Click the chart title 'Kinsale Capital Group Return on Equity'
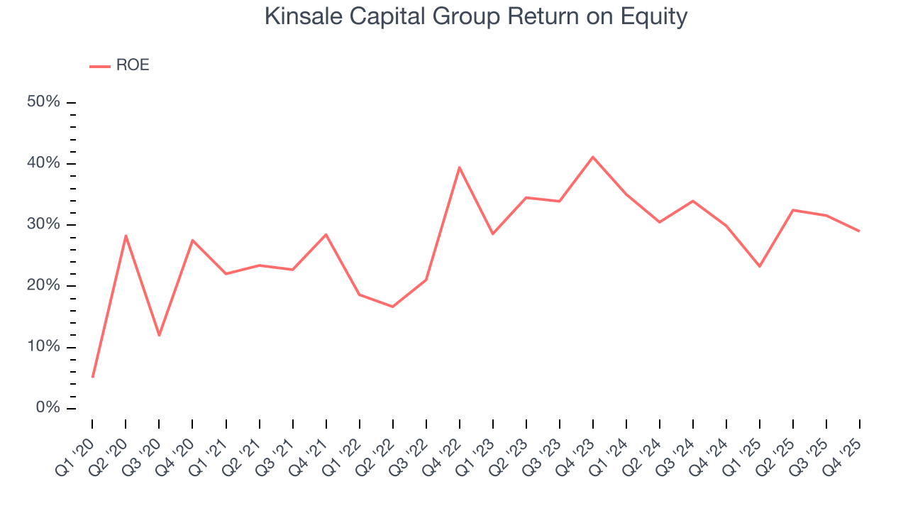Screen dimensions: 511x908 coord(475,16)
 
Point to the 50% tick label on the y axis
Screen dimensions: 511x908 coord(43,102)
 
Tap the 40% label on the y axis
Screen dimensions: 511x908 coord(43,163)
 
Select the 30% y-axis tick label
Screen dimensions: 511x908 coord(43,224)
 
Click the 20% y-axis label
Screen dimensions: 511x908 coord(43,285)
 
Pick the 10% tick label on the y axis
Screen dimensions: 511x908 coord(43,346)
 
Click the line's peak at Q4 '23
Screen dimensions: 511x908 coord(593,157)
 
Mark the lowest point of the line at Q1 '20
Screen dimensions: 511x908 coord(92,377)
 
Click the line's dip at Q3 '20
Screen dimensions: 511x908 coord(159,335)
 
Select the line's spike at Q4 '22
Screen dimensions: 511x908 coord(460,167)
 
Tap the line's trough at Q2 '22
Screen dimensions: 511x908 coord(392,307)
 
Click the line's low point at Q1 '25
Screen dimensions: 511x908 coord(760,266)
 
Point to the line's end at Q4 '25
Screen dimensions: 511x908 coord(860,231)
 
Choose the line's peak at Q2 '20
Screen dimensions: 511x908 coord(126,236)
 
